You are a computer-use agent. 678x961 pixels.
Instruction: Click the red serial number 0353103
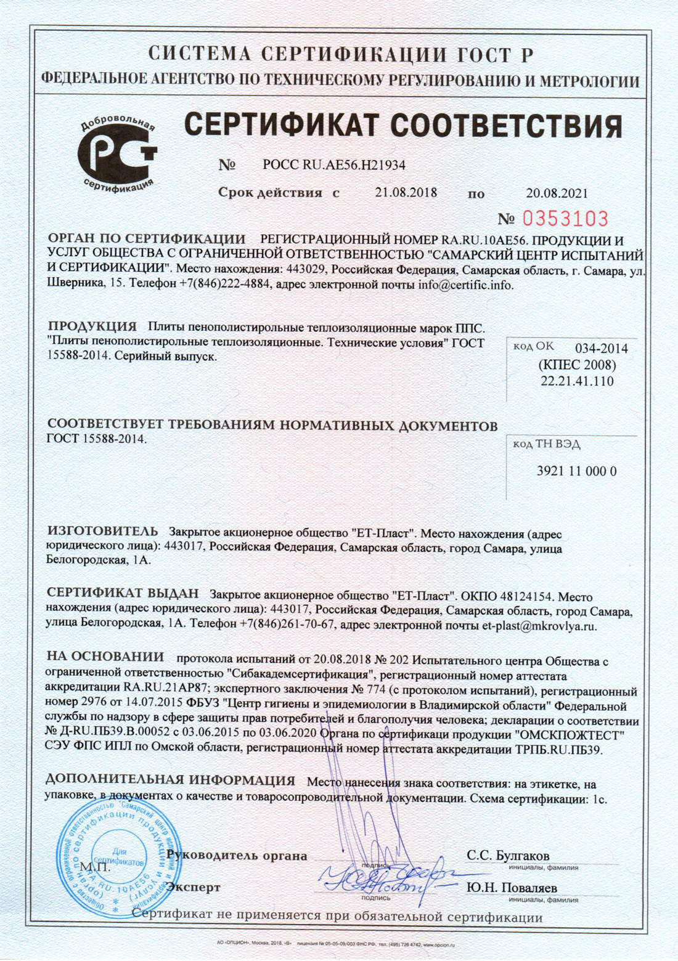(565, 219)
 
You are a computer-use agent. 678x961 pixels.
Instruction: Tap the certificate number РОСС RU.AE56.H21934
(333, 165)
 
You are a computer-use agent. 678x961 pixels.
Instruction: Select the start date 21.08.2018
(406, 192)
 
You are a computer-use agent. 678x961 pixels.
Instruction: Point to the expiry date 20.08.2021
(557, 193)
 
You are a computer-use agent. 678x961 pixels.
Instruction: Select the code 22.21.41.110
(577, 381)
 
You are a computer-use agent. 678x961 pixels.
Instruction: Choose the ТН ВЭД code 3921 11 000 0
(576, 471)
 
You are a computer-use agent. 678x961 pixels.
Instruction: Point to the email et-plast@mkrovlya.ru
(539, 626)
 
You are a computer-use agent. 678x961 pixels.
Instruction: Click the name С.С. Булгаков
(508, 856)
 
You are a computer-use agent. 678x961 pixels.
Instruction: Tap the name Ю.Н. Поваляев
(512, 888)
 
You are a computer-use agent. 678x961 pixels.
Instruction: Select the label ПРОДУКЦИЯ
(92, 326)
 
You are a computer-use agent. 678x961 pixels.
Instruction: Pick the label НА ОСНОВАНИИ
(105, 657)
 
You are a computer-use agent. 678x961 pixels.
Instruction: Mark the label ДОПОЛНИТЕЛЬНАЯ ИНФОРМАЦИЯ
(170, 781)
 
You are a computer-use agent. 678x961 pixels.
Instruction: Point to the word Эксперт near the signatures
(194, 888)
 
